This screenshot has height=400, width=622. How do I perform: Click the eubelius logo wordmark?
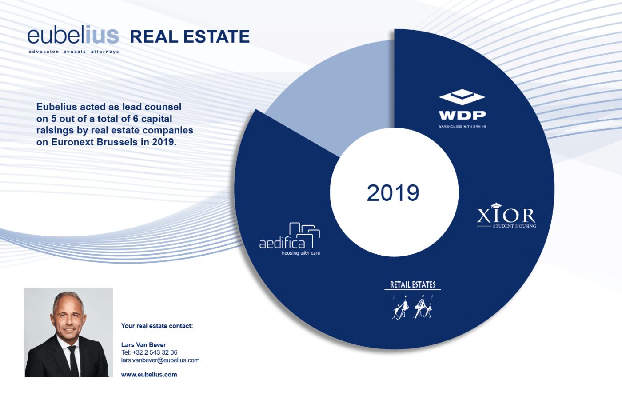(x=73, y=36)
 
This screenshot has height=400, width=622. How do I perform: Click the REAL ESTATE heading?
(x=190, y=37)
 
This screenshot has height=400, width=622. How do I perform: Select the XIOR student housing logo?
(x=506, y=216)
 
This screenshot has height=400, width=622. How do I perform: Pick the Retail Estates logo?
(x=413, y=300)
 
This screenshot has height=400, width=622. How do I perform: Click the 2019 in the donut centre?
(x=393, y=193)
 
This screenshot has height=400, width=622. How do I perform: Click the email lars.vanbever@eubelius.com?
(x=160, y=360)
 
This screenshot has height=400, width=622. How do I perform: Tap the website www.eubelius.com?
(x=149, y=375)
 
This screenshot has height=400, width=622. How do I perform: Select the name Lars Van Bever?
(x=144, y=345)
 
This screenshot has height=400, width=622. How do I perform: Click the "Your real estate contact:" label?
(x=157, y=326)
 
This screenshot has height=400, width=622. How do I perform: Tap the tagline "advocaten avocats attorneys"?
(x=74, y=52)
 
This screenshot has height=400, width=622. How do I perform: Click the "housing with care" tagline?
(x=301, y=253)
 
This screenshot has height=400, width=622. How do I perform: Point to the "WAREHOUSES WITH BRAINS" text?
(x=462, y=127)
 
